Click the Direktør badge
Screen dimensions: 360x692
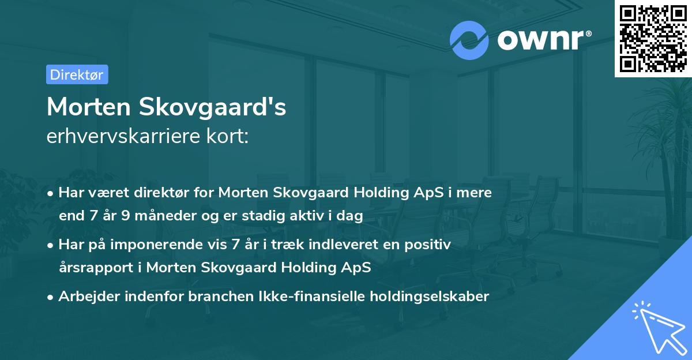click(x=77, y=74)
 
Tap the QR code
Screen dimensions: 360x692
click(x=652, y=38)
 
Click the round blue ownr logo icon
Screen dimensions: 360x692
click(x=469, y=40)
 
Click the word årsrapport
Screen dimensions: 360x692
click(x=99, y=268)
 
